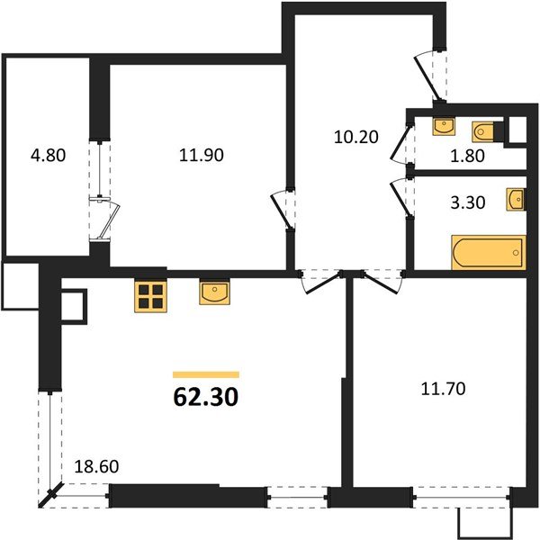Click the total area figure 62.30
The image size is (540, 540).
coord(205,397)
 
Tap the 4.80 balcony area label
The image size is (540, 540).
coord(48,156)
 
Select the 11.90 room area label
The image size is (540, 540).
coord(201,156)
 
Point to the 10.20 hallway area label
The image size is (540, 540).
coord(356,137)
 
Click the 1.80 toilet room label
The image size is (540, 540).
coord(467,156)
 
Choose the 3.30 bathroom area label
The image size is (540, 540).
coord(468,202)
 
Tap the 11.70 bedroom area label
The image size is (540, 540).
coord(443,389)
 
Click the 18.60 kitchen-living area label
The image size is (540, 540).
coord(96,466)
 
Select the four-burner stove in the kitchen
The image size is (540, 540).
coord(150,296)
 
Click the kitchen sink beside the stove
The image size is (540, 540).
coord(214,293)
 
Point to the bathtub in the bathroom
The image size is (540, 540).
coord(489,252)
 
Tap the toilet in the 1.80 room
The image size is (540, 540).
coord(482,131)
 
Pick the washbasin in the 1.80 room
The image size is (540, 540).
coord(444,126)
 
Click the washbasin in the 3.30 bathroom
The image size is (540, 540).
coord(516,199)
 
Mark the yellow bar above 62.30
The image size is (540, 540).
coord(206,374)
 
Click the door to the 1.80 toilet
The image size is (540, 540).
coord(400,144)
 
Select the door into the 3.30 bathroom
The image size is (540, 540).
coord(400,197)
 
